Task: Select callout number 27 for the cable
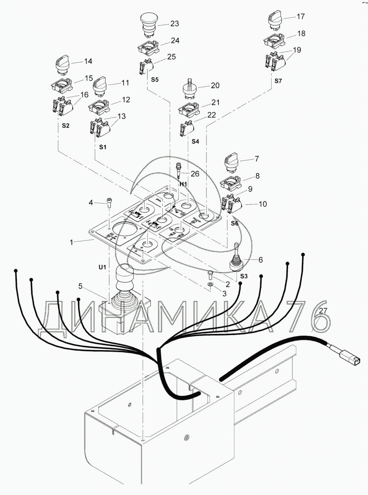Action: pyautogui.click(x=323, y=311)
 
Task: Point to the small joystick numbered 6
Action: pyautogui.click(x=237, y=259)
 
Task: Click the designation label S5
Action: pyautogui.click(x=155, y=80)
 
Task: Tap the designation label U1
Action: pyautogui.click(x=102, y=267)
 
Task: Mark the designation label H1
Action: pyautogui.click(x=183, y=184)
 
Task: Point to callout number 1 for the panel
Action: pyautogui.click(x=72, y=242)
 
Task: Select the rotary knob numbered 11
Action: pyautogui.click(x=99, y=88)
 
